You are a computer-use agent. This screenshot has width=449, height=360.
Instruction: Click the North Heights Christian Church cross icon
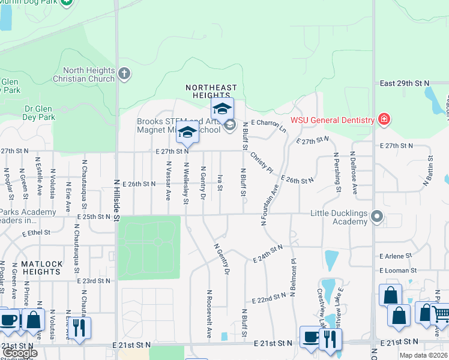click(124, 74)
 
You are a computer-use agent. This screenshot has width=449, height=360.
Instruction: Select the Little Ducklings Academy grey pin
click(377, 215)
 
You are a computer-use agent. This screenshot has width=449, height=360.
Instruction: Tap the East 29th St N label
click(404, 83)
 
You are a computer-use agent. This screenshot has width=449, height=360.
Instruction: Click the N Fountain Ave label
click(271, 204)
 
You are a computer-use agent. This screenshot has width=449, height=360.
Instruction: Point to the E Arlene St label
click(396, 256)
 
